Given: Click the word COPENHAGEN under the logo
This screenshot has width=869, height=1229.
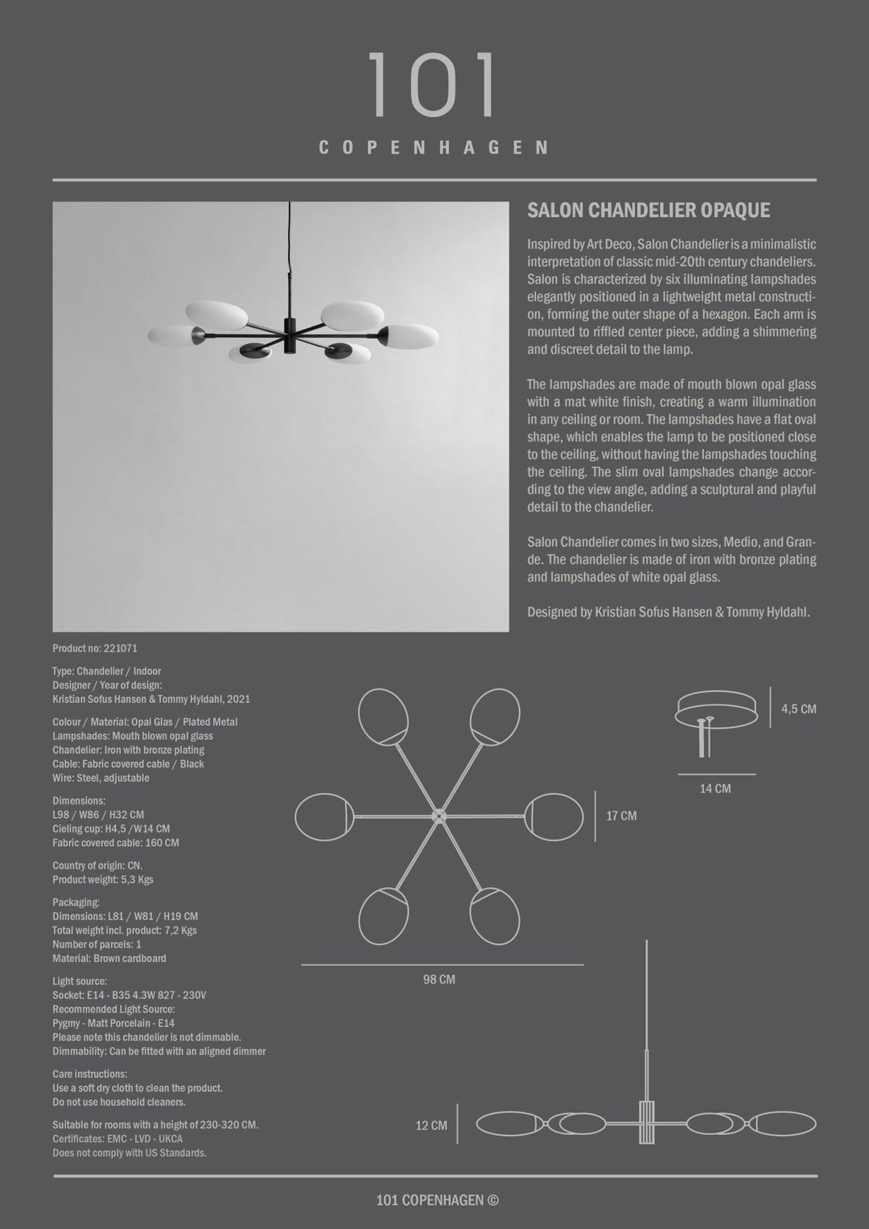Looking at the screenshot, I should click(434, 148).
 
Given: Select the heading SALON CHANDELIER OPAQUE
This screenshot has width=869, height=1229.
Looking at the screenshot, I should click(649, 211).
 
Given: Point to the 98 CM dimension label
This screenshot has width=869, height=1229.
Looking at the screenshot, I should click(439, 980).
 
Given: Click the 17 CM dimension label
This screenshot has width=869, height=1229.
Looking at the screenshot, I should click(621, 816).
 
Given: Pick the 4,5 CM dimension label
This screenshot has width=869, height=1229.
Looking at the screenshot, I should click(798, 709).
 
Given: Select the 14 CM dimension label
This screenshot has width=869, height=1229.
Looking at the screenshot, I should click(715, 789).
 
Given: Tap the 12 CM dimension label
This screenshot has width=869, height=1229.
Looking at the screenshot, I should click(431, 1126).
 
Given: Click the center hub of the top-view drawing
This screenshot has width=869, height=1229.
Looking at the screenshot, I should click(439, 816).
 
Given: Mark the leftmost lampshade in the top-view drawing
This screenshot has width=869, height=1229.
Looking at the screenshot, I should click(323, 816).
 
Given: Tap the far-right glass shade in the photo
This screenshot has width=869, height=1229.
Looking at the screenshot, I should click(410, 335).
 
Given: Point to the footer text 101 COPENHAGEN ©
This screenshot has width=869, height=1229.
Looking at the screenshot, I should click(437, 1201).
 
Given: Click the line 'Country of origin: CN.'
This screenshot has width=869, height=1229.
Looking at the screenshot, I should click(97, 866).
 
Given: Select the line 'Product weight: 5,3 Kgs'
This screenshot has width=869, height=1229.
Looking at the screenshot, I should click(103, 880).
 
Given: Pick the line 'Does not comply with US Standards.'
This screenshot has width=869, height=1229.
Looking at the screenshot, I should click(130, 1153).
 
